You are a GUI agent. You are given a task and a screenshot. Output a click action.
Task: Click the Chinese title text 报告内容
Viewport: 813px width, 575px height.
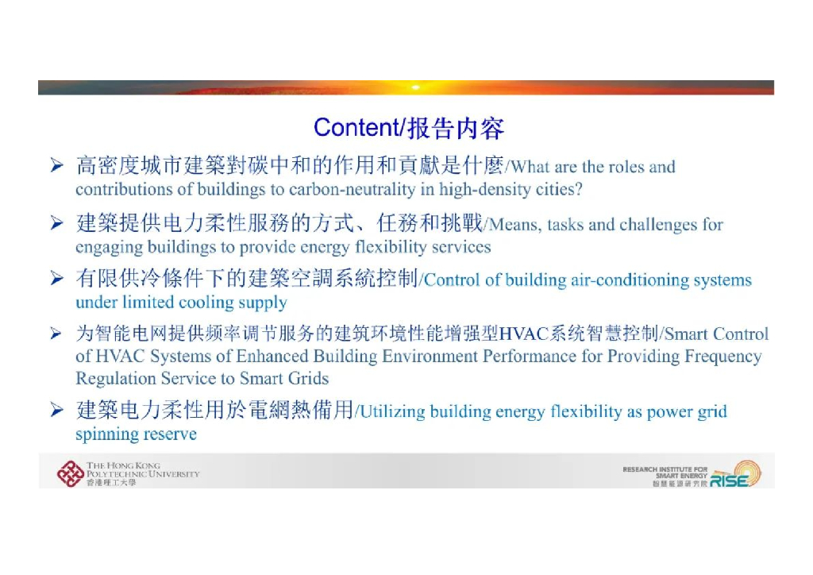tap(456, 128)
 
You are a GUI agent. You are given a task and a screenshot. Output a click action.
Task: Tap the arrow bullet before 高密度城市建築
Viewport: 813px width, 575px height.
tap(56, 166)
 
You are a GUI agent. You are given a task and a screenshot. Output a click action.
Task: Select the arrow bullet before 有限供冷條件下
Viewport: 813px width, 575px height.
tap(56, 279)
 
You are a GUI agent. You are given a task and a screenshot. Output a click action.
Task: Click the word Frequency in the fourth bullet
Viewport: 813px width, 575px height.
tap(723, 357)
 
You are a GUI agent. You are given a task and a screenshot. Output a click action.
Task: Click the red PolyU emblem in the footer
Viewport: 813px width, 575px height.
tap(70, 473)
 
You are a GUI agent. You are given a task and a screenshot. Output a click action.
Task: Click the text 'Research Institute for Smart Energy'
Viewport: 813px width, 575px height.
tap(665, 473)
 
